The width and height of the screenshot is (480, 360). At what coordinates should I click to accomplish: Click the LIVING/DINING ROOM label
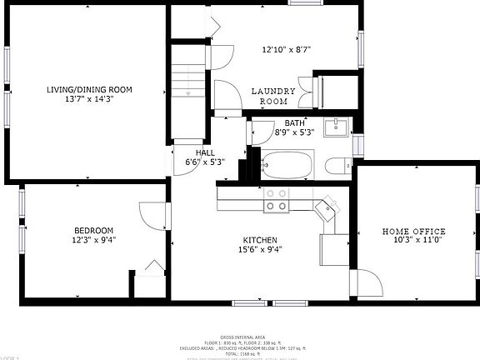pyautogui.click(x=89, y=90)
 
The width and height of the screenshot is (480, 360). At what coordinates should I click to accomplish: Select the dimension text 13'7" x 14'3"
pyautogui.click(x=89, y=100)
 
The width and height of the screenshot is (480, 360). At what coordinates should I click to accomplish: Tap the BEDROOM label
pyautogui.click(x=93, y=231)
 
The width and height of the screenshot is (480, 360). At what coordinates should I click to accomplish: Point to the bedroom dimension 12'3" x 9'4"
pyautogui.click(x=93, y=240)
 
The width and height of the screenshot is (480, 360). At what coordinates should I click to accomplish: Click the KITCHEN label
pyautogui.click(x=260, y=239)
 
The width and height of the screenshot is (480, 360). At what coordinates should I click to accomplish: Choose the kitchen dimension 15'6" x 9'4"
pyautogui.click(x=260, y=248)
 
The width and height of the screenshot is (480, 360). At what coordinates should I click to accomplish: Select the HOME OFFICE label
pyautogui.click(x=413, y=232)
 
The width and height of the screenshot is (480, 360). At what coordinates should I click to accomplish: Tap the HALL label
pyautogui.click(x=205, y=152)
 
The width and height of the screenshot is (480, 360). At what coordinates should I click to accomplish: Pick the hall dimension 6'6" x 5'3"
pyautogui.click(x=205, y=162)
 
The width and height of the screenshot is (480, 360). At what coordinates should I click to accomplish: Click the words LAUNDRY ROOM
pyautogui.click(x=274, y=96)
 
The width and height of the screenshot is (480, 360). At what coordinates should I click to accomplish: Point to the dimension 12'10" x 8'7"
pyautogui.click(x=286, y=49)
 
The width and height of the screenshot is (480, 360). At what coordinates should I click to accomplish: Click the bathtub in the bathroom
pyautogui.click(x=287, y=164)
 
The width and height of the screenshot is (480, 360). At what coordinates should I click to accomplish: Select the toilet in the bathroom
pyautogui.click(x=338, y=166)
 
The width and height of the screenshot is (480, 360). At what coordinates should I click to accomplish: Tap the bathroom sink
pyautogui.click(x=338, y=127)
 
